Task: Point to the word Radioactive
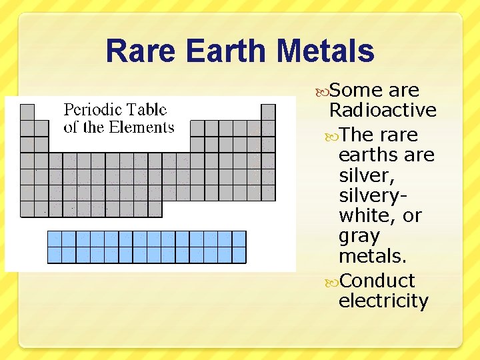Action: pyautogui.click(x=383, y=110)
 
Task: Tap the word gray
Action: pyautogui.click(x=359, y=236)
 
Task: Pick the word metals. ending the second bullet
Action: pyautogui.click(x=373, y=256)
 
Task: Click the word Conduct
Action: pyautogui.click(x=377, y=281)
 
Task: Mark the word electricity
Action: pyautogui.click(x=383, y=301)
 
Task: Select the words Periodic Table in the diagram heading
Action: pyautogui.click(x=115, y=110)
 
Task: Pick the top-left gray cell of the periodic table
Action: pyautogui.click(x=27, y=112)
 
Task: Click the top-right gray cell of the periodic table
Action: pyautogui.click(x=268, y=112)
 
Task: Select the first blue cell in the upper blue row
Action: pyautogui.click(x=55, y=239)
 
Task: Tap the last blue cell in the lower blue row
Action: pyautogui.click(x=239, y=255)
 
